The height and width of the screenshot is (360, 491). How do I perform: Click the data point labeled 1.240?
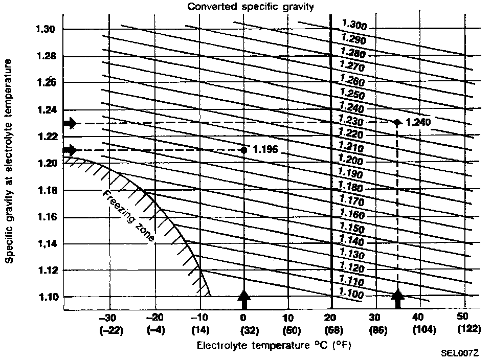click(x=397, y=122)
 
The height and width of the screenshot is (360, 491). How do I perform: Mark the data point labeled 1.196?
click(x=244, y=150)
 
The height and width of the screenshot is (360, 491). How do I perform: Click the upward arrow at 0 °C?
click(x=244, y=299)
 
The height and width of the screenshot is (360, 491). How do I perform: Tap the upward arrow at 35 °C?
click(x=397, y=299)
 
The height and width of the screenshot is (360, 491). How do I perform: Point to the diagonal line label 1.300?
click(x=353, y=25)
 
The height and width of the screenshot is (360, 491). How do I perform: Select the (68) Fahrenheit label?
click(x=331, y=329)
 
